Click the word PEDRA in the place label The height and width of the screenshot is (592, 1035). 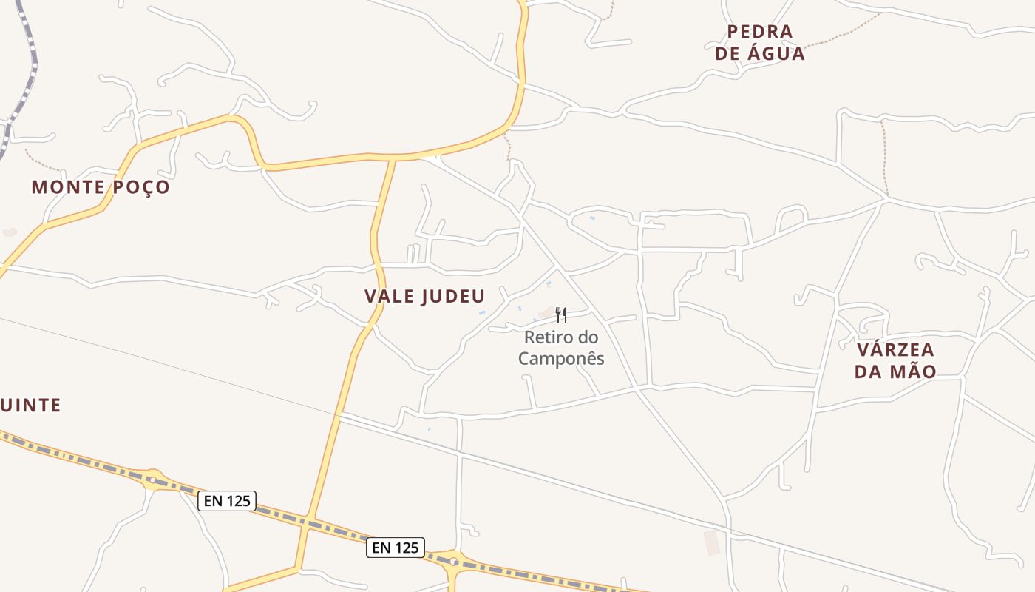(760, 32)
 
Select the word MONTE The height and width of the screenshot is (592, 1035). (67, 187)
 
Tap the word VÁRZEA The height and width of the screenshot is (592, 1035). (895, 349)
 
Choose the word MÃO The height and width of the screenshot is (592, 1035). (914, 371)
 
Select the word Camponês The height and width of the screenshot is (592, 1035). (561, 359)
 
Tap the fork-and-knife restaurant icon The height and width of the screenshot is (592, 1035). (561, 316)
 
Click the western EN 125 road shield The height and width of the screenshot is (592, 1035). (228, 501)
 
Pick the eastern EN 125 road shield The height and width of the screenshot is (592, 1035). (396, 548)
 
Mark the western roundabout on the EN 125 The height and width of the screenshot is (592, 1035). (152, 480)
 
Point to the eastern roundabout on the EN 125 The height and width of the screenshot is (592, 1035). (453, 562)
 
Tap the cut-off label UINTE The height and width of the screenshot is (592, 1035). (30, 406)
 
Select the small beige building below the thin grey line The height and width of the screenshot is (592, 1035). (712, 542)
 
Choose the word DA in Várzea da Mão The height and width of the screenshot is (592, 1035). (866, 371)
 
